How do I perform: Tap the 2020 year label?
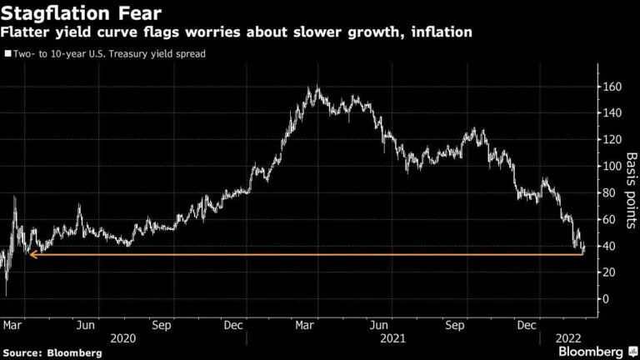click(x=124, y=339)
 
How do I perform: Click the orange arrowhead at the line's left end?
click(x=32, y=254)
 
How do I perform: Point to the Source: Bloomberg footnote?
click(x=52, y=353)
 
